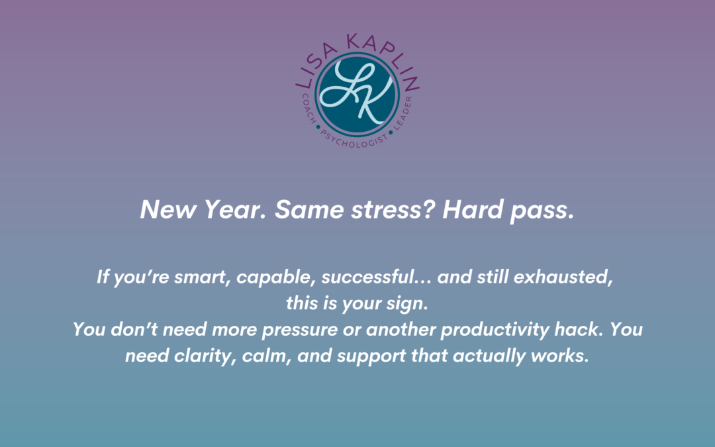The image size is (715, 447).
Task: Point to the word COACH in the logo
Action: pos(309,109)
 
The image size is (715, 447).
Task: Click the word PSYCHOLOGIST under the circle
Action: pos(354,140)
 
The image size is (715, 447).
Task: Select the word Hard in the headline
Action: pos(473,209)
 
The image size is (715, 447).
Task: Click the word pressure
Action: pos(300,330)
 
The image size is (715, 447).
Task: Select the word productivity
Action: pos(495,329)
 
